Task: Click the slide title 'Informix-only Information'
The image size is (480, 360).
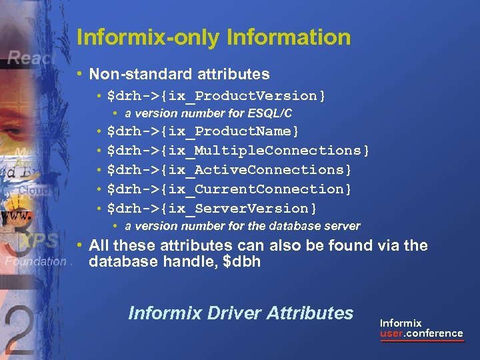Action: tap(213, 37)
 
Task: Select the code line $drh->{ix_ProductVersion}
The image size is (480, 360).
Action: tap(216, 96)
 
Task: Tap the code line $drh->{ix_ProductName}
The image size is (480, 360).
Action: tap(203, 131)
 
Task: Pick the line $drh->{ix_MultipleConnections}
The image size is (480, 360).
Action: tap(238, 150)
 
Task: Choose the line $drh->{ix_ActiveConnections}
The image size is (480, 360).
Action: tap(229, 169)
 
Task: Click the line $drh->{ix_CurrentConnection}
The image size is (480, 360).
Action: tap(229, 189)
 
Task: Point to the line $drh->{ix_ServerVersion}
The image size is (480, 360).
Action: tap(211, 208)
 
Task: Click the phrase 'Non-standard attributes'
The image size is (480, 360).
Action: tap(179, 74)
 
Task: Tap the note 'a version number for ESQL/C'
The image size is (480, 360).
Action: tap(208, 113)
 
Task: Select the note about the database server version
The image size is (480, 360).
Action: tap(242, 226)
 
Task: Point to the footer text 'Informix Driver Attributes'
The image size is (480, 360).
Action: tap(240, 313)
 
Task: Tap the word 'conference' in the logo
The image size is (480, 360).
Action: tap(434, 333)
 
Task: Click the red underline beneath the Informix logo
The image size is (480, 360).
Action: tap(421, 341)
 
